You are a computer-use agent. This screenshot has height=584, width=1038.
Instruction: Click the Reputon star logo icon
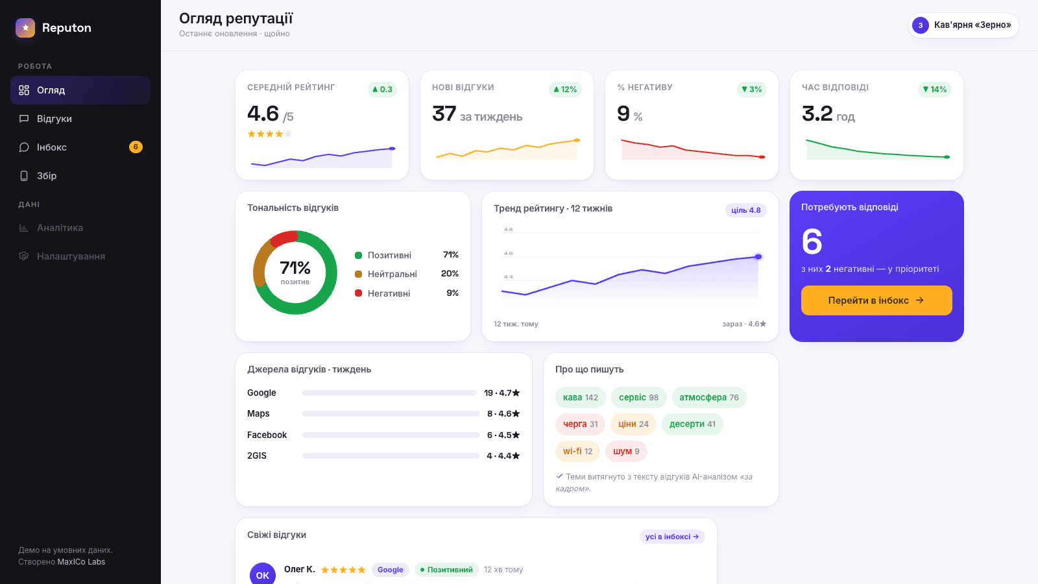point(25,28)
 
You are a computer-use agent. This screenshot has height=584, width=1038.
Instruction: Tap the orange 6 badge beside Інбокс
point(136,147)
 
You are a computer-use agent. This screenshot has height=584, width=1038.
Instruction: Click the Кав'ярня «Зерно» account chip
point(963,25)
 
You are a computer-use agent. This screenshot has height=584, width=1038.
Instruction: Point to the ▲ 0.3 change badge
point(382,90)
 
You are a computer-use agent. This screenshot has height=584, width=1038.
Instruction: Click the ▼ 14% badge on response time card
point(935,90)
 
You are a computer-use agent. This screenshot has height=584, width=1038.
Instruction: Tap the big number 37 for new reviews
point(444,114)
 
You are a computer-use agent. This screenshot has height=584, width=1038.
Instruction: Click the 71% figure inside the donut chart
point(295,267)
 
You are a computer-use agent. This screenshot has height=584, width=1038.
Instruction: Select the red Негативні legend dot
point(358,293)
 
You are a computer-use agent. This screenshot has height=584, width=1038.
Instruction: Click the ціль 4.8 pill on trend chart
point(746,210)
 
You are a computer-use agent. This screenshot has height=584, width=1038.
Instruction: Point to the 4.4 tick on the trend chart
point(509,276)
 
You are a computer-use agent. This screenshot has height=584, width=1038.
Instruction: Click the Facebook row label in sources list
point(267,435)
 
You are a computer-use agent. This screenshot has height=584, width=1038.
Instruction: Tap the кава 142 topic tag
point(581,397)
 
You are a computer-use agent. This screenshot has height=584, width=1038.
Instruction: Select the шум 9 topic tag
point(626,451)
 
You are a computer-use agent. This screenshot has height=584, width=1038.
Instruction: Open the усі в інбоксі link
point(672,536)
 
